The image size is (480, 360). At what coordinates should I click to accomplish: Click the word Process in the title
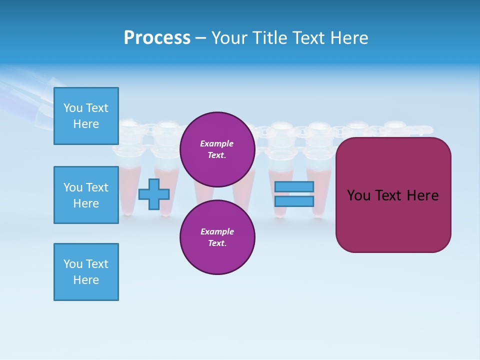(x=157, y=38)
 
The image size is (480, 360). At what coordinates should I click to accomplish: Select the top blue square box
(x=86, y=116)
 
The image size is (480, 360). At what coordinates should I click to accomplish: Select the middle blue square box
(x=86, y=195)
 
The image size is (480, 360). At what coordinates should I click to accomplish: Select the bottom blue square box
(x=86, y=272)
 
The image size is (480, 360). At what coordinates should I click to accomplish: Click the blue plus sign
(x=153, y=194)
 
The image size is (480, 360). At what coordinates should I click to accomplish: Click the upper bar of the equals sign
(x=294, y=186)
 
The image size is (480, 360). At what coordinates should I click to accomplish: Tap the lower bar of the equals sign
(x=294, y=201)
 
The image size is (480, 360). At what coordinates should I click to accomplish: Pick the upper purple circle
(x=217, y=149)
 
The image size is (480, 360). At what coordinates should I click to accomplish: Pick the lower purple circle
(x=217, y=237)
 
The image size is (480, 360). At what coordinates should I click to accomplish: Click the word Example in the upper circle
(x=216, y=143)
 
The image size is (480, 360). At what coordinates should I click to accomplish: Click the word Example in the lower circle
(x=216, y=231)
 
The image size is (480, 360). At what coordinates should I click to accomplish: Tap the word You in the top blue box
(x=73, y=108)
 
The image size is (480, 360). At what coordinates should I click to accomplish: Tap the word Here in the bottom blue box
(x=86, y=280)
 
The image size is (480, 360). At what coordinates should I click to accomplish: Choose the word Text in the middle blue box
(x=96, y=187)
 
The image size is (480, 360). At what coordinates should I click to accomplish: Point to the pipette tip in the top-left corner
(x=30, y=95)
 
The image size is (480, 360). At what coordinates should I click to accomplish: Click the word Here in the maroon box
(x=422, y=195)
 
